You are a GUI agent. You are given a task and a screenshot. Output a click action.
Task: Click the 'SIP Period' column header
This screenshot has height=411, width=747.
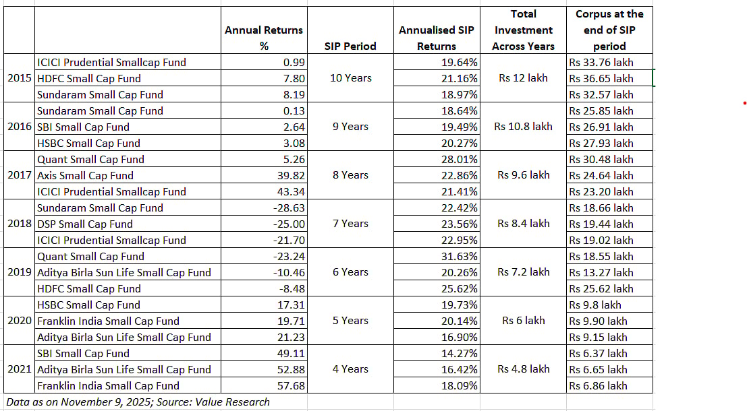tap(350, 46)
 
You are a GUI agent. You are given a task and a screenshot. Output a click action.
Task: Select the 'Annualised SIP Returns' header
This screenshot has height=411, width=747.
tap(436, 38)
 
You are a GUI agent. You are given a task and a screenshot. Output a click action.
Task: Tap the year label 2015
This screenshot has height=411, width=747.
tap(20, 78)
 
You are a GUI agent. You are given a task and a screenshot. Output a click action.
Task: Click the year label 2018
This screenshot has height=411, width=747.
tap(20, 224)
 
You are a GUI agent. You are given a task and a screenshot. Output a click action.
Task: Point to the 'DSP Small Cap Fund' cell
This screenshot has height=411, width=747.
tap(85, 224)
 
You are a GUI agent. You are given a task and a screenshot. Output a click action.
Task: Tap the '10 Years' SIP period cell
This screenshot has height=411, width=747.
tap(350, 78)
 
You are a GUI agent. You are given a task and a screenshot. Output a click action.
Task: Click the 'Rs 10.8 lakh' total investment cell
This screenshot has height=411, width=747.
tap(523, 127)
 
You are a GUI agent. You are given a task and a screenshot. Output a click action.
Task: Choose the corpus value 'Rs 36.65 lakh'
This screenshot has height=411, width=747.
tap(601, 78)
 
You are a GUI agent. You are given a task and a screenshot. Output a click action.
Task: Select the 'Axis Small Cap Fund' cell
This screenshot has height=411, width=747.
tap(85, 175)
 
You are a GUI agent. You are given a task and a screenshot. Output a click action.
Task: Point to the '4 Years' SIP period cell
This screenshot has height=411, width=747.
tap(350, 369)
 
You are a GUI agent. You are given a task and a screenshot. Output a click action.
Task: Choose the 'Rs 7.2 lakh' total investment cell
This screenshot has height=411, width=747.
tap(523, 272)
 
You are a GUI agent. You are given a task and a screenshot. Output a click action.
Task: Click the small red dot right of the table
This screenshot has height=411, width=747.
tap(744, 104)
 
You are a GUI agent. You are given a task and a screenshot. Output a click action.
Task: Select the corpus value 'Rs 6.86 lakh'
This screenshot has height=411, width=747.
tap(598, 385)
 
